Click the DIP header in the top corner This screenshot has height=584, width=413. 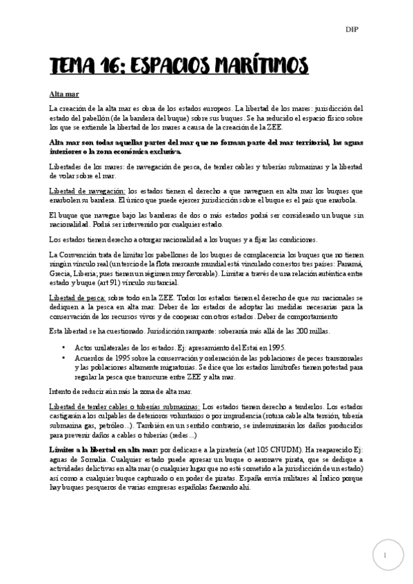[x=352, y=29]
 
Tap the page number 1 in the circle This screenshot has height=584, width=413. [x=388, y=554]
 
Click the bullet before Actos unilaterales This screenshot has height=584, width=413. [x=63, y=347]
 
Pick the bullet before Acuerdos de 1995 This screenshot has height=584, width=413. [x=63, y=357]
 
